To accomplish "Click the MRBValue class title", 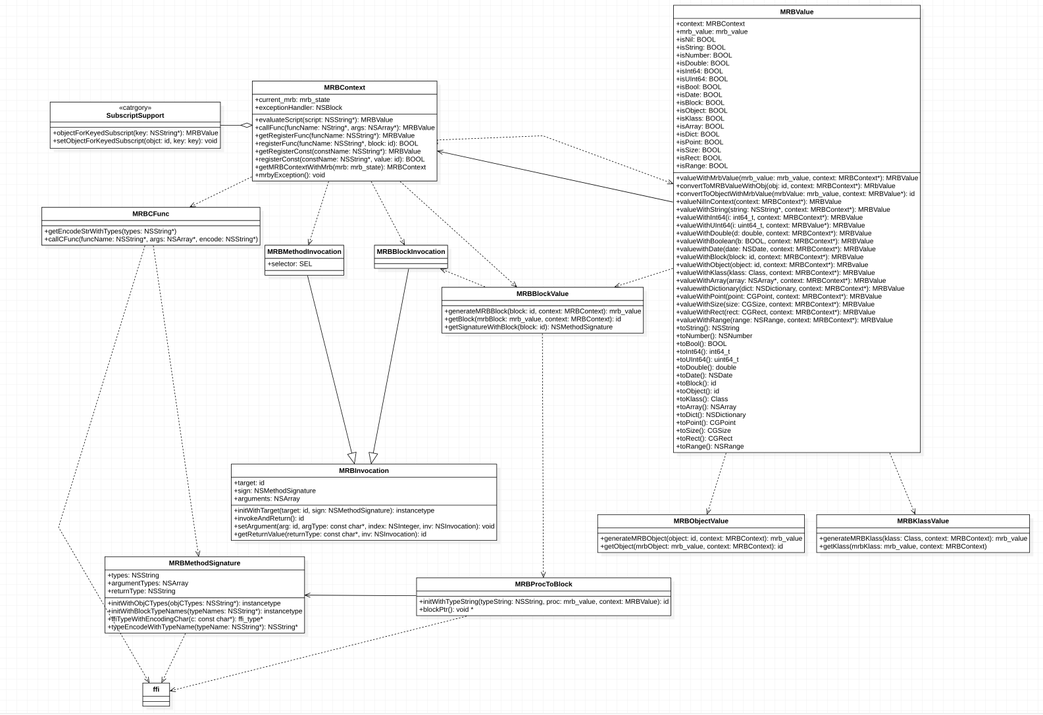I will coord(796,12).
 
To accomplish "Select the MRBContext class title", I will coord(344,87).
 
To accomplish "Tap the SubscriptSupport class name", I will coord(135,116).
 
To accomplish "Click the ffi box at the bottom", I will coord(156,690).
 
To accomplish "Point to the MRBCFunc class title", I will coord(151,214).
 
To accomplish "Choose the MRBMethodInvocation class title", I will coord(304,251).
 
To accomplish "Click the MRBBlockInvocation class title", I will coord(411,251).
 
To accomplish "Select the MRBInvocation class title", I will coord(364,471).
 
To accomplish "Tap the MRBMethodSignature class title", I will coord(205,563).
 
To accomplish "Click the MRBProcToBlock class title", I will coord(544,584).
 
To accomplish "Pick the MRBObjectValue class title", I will coord(701,521).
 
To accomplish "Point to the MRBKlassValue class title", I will coord(923,521).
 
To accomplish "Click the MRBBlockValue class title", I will coord(542,294).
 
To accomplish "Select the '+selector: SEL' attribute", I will coord(290,264).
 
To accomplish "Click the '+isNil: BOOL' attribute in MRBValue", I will coord(696,39).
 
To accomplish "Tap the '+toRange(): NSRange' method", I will coord(710,446).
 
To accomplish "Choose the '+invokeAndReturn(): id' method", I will coord(269,518).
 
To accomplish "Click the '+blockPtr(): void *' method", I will coord(446,609).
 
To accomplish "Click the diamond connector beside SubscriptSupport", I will coord(245,125).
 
